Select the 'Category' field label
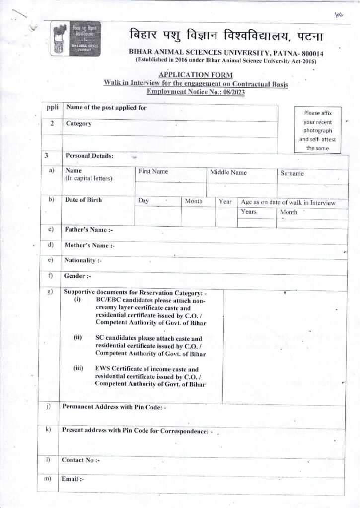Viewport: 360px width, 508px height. (x=79, y=123)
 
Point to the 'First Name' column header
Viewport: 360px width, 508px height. (x=153, y=172)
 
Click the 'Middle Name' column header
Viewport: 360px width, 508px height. (x=228, y=172)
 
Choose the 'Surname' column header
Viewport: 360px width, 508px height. (x=292, y=173)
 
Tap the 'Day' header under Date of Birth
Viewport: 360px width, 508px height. (x=144, y=201)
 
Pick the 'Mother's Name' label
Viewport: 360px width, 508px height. (x=89, y=245)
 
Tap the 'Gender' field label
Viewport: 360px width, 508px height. (x=78, y=276)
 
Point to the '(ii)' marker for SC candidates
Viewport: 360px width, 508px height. (x=78, y=338)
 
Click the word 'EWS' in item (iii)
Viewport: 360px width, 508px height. (x=102, y=369)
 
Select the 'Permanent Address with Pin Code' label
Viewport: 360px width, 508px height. (x=114, y=407)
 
